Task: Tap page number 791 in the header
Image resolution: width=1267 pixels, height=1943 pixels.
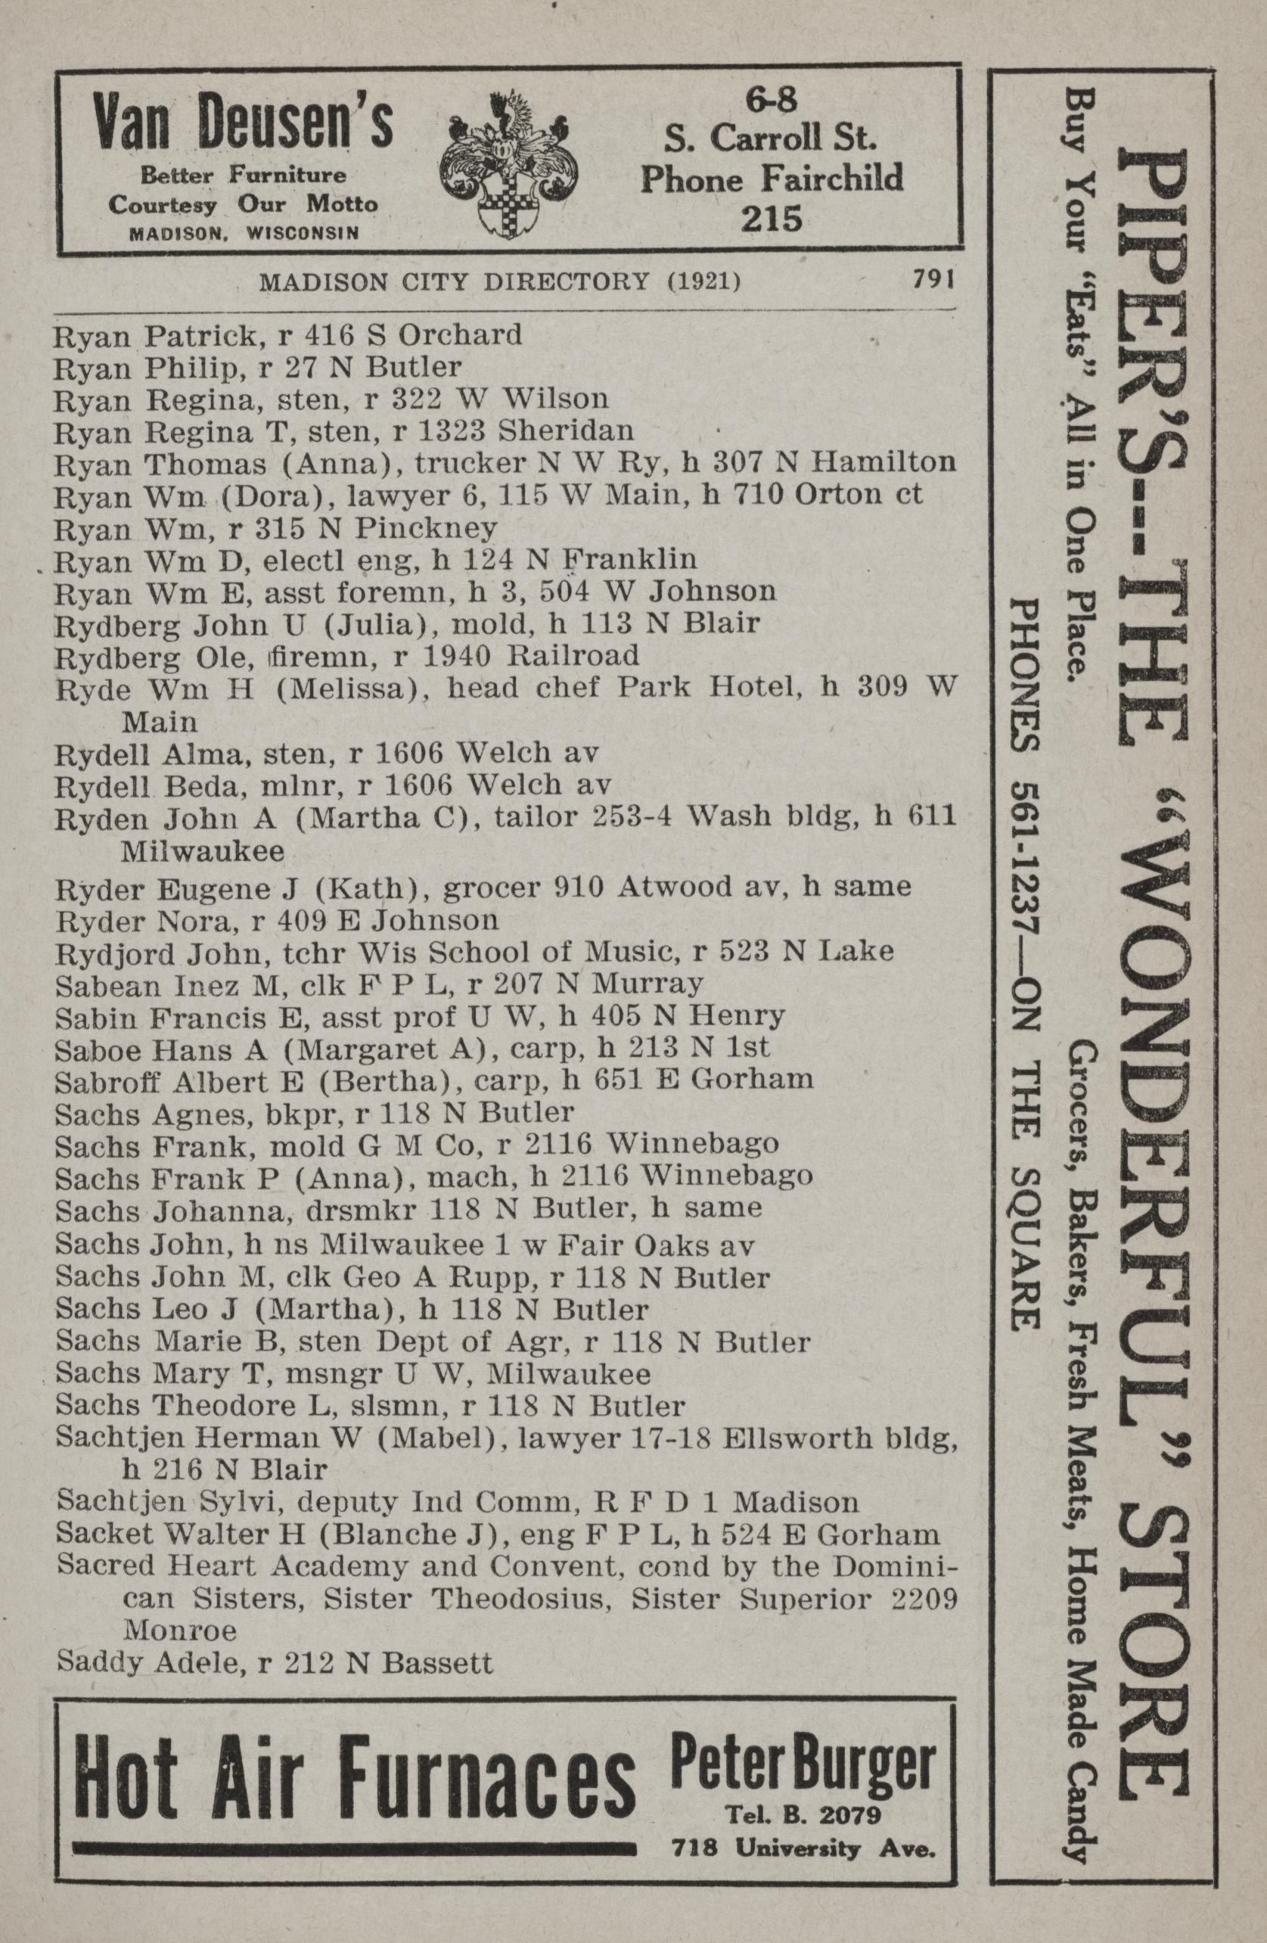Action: [x=933, y=280]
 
